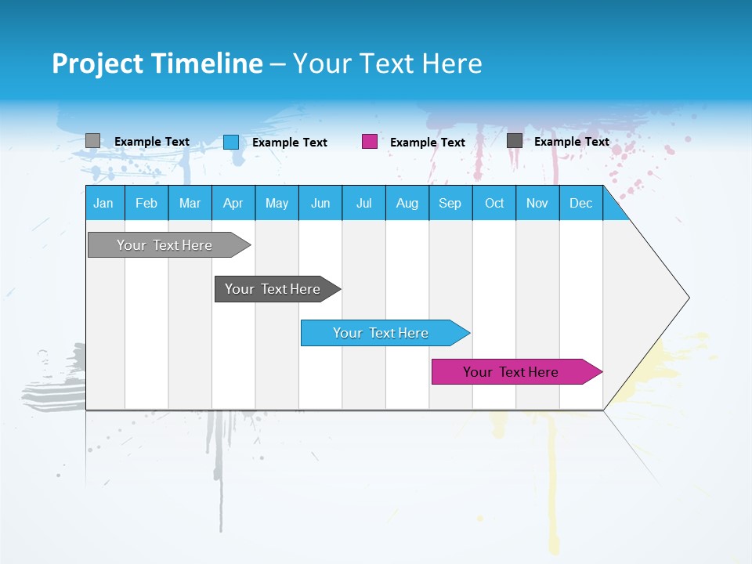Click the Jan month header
(x=103, y=203)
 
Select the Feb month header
(x=146, y=203)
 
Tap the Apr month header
(x=233, y=203)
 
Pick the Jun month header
(x=320, y=203)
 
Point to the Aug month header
(x=407, y=203)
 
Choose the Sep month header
(x=450, y=203)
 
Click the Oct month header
(x=494, y=203)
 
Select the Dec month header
(x=580, y=203)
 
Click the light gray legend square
(x=92, y=141)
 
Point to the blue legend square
(x=231, y=142)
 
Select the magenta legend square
(x=370, y=142)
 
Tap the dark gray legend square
(x=515, y=141)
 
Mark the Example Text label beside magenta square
(x=427, y=143)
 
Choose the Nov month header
(x=537, y=203)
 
